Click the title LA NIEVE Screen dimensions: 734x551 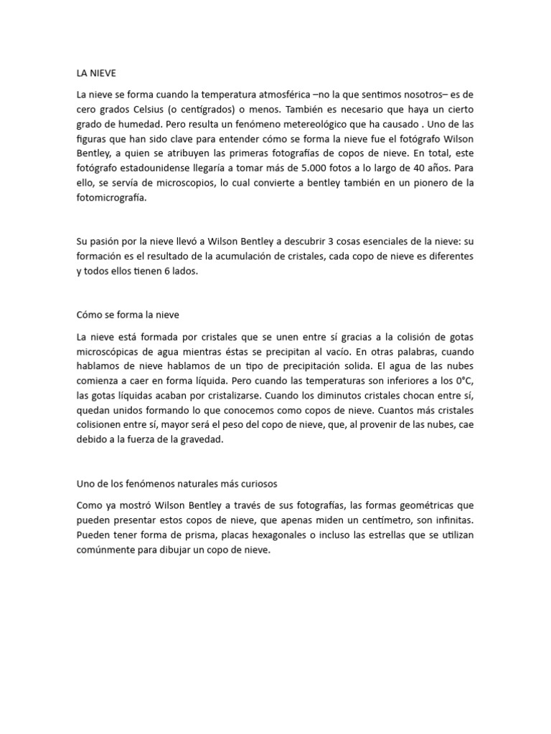[x=95, y=72]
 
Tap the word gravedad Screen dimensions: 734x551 [x=203, y=441]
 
